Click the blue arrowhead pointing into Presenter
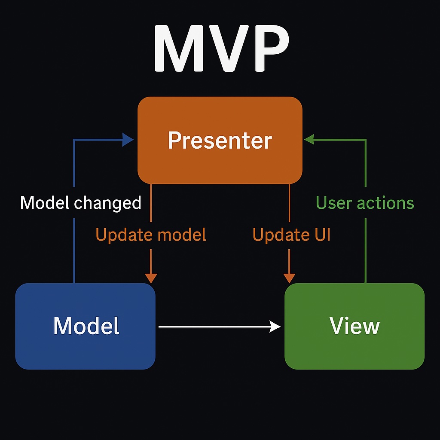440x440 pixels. point(128,139)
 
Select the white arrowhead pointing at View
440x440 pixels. point(275,327)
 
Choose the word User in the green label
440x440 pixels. point(333,203)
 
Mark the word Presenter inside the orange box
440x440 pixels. point(220,141)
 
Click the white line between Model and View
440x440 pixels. point(215,327)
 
